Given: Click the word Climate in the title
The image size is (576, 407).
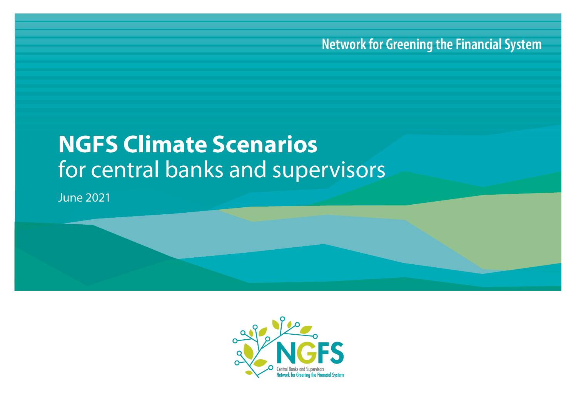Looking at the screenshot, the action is coord(165,145).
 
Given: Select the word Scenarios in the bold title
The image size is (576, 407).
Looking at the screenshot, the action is coord(265,145).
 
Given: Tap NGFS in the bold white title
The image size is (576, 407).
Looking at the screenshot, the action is coord(88,145).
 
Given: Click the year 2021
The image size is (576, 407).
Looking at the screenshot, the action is coord(98,198).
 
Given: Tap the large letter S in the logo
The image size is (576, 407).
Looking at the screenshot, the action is coord(336,352).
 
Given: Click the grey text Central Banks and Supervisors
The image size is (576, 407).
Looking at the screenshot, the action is coord(300,369).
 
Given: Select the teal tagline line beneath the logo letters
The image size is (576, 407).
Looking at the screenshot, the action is coord(310,375).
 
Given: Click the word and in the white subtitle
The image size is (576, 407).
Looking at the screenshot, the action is coord(247,170).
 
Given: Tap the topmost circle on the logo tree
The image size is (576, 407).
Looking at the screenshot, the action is coord(282,319).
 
